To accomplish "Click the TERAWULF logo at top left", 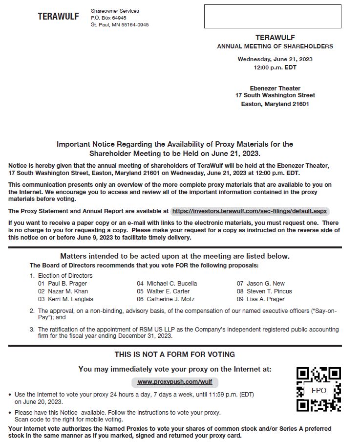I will point(58,17).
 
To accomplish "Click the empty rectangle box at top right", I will point(272,16).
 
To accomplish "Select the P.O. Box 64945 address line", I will point(108,18).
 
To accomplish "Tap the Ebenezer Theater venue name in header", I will point(275,88).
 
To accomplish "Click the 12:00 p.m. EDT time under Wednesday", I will point(275,67).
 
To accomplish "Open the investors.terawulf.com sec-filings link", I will point(250,211).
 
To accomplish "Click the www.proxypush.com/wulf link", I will point(175,381).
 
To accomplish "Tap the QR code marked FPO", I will point(318,389).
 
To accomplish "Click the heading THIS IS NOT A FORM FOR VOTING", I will point(174,354).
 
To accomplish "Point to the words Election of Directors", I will point(65,275).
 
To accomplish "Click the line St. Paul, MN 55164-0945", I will point(120,24).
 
